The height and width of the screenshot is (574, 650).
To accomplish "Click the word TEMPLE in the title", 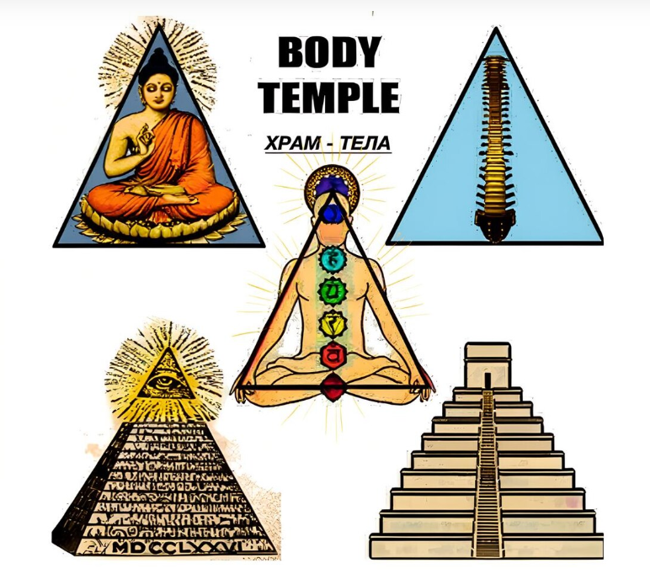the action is (328, 96).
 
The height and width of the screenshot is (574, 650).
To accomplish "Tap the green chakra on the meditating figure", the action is (331, 291).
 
